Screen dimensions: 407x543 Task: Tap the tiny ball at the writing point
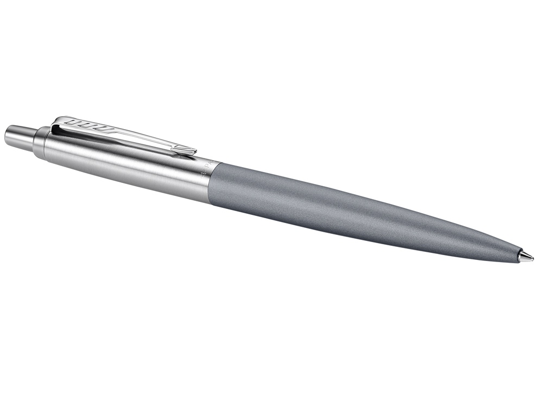(x=532, y=258)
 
